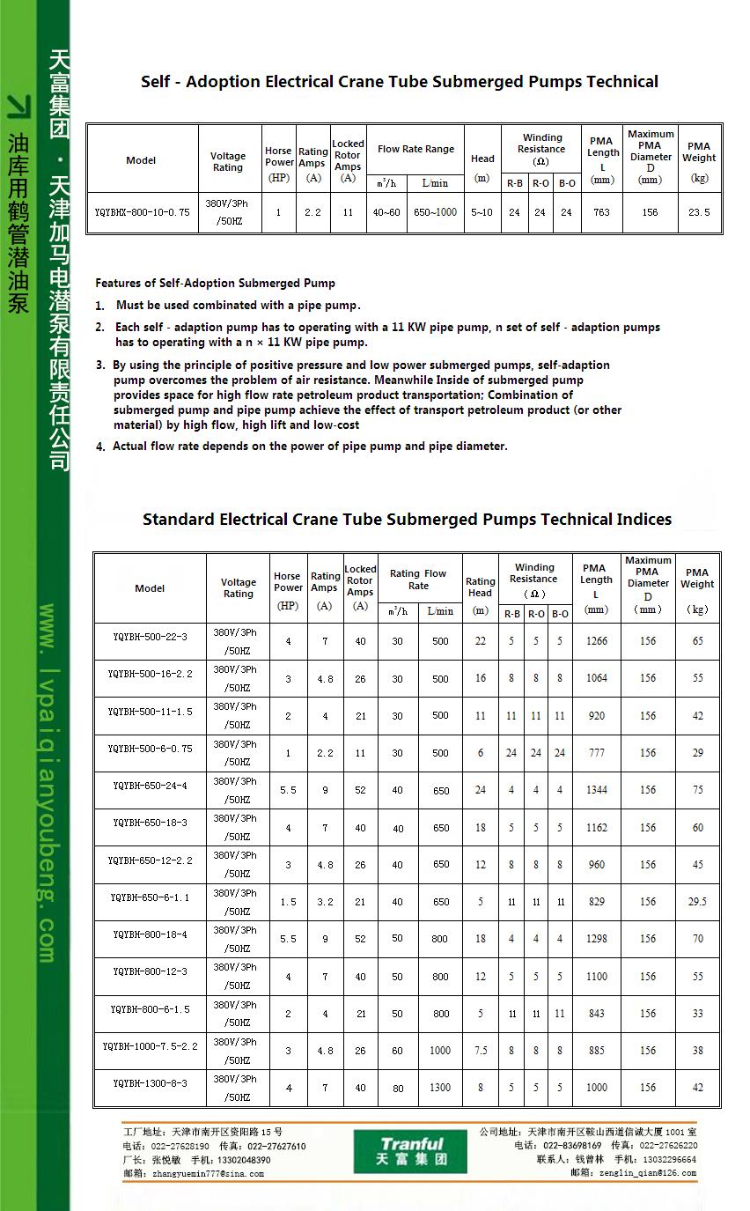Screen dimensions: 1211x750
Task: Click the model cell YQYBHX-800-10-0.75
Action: pyautogui.click(x=142, y=212)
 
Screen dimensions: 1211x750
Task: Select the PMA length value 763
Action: pyautogui.click(x=601, y=212)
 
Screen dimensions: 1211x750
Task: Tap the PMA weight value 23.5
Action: pyautogui.click(x=699, y=212)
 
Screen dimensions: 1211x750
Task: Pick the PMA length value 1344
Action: pyautogui.click(x=596, y=790)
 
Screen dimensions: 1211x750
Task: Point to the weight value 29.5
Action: pyautogui.click(x=697, y=902)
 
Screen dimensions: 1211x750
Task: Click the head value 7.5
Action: pyautogui.click(x=481, y=1051)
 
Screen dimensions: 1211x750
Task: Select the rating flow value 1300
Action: pyautogui.click(x=440, y=1088)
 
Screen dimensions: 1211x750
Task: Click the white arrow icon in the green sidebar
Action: pyautogui.click(x=18, y=107)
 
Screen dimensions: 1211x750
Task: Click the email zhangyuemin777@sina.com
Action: pyautogui.click(x=208, y=1173)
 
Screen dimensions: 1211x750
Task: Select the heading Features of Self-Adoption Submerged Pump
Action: pyautogui.click(x=215, y=284)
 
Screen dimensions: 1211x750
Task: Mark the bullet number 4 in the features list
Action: pyautogui.click(x=100, y=447)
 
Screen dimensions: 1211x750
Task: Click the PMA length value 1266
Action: pyautogui.click(x=596, y=641)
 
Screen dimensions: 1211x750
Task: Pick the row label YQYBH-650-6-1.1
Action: pyautogui.click(x=150, y=897)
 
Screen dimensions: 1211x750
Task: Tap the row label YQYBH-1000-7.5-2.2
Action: pyautogui.click(x=150, y=1045)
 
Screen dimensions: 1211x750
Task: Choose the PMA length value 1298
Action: pyautogui.click(x=596, y=939)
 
